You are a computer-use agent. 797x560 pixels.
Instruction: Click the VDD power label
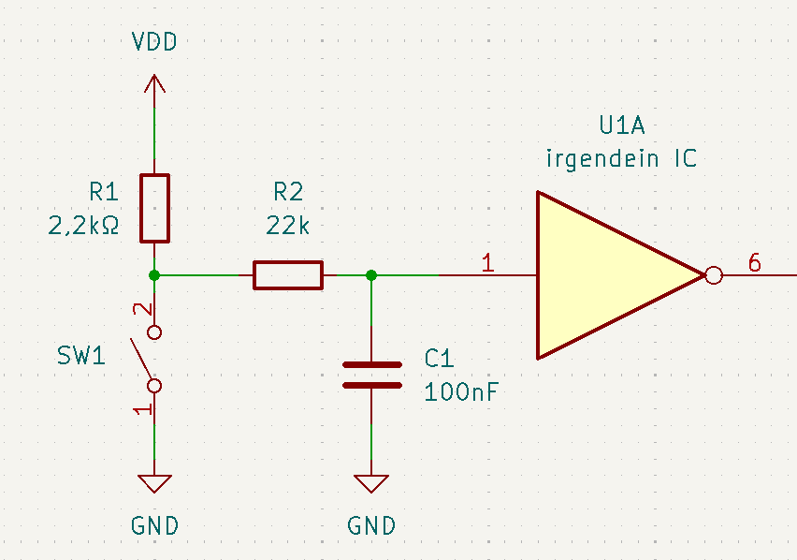(154, 42)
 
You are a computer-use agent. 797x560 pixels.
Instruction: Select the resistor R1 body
(154, 207)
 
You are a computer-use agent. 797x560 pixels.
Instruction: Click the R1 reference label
(104, 192)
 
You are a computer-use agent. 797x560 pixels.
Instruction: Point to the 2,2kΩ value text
(82, 225)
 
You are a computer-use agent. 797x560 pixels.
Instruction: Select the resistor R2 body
(287, 275)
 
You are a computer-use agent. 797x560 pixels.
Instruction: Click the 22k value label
(287, 225)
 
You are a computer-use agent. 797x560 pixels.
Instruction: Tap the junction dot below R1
(154, 274)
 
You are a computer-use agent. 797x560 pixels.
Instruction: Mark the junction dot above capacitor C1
(371, 274)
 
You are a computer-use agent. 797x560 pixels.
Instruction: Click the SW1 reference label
(81, 356)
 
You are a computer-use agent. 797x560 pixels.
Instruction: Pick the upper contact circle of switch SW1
(154, 332)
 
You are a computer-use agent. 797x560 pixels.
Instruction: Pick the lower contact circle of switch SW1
(154, 385)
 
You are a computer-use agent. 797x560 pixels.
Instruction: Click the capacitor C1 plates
(371, 375)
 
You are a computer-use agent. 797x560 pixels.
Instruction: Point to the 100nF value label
(460, 391)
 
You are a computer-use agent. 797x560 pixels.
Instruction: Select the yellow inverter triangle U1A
(603, 275)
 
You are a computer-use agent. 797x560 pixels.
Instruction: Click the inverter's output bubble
(713, 275)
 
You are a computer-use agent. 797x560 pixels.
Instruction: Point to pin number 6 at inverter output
(754, 263)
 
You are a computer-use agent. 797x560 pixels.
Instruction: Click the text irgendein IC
(621, 158)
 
